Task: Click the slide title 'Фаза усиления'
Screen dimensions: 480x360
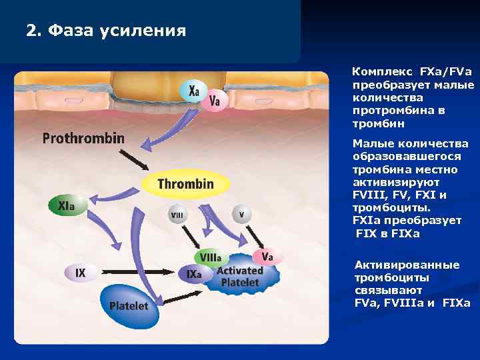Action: pos(107,31)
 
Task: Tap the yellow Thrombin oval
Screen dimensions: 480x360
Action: pos(186,184)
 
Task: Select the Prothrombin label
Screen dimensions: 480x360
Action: pos(83,139)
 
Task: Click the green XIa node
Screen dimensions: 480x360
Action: pos(67,205)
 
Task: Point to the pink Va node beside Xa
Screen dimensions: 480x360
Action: pos(215,101)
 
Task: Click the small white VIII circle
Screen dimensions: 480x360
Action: pos(178,214)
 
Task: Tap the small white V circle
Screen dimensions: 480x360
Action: pos(241,214)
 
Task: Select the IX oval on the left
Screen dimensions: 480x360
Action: pos(81,272)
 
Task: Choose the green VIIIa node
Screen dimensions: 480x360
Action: pos(211,257)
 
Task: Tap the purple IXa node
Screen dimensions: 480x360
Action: pos(194,274)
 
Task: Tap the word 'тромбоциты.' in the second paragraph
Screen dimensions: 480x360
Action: pos(383,207)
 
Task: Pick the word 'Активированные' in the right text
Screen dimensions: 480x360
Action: pos(407,265)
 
